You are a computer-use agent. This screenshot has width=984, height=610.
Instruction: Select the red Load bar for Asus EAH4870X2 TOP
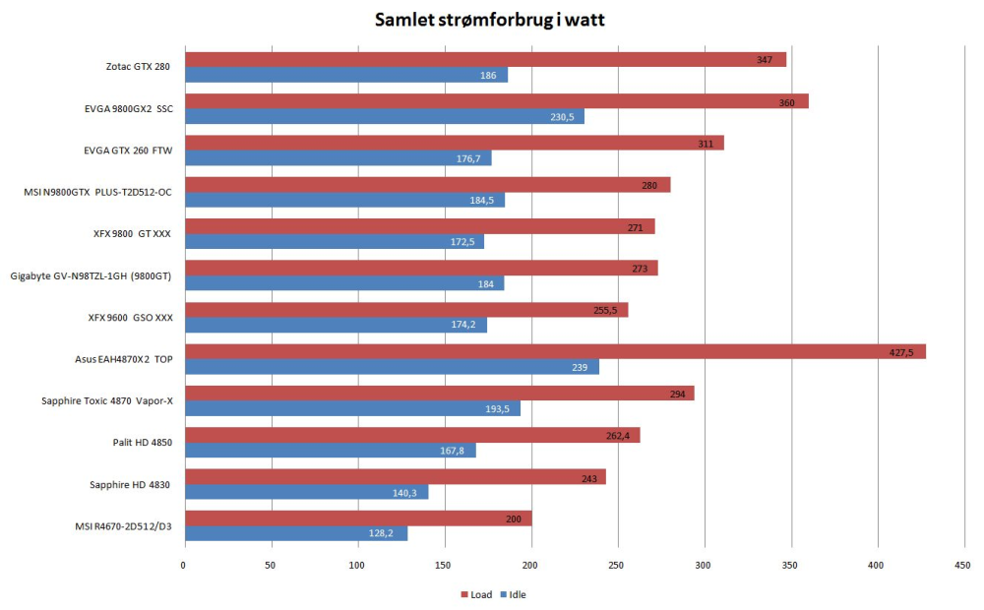coord(554,351)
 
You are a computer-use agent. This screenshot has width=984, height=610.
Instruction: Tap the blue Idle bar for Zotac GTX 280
coord(345,75)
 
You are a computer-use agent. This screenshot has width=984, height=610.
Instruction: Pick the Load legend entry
coord(476,594)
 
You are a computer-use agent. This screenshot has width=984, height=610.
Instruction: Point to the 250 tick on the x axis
coord(617,565)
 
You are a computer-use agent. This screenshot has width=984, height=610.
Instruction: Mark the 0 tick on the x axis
coord(183,565)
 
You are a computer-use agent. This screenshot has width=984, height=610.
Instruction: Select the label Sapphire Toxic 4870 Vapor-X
coord(106,401)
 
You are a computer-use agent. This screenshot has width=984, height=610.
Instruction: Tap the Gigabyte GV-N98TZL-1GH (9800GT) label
coord(91,275)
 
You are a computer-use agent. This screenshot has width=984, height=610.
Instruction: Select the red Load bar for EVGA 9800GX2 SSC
coord(496,101)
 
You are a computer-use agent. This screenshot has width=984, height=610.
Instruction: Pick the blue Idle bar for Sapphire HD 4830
coord(306,492)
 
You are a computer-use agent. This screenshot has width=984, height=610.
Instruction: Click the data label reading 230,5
coord(563,117)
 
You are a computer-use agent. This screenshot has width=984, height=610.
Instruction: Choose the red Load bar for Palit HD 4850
coord(411,435)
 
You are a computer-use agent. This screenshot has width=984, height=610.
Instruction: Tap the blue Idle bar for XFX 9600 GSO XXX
coord(335,325)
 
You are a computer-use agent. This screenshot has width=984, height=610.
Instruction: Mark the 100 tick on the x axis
coord(357,565)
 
